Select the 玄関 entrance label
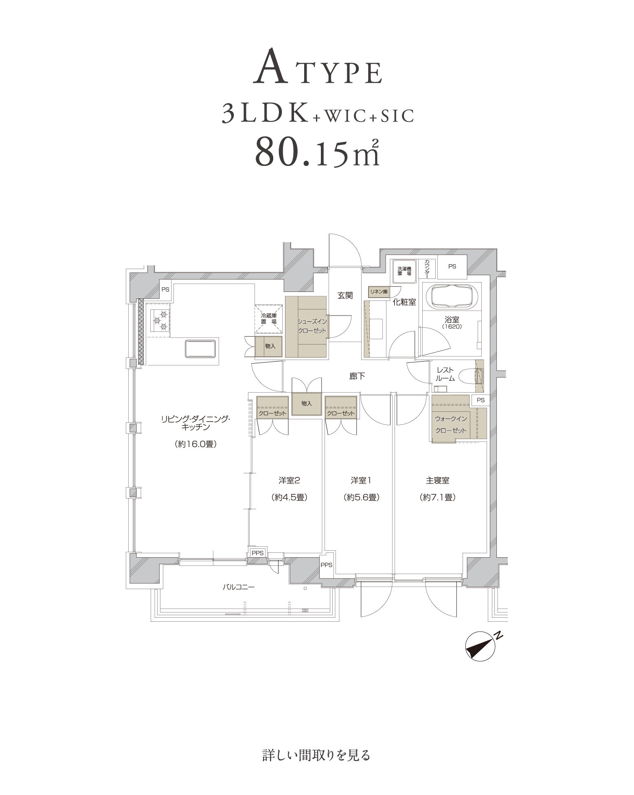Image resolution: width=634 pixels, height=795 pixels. click(x=345, y=296)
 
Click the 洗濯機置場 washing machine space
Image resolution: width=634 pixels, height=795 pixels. click(x=405, y=271)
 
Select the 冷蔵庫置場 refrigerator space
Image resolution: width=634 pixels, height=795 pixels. click(x=268, y=318)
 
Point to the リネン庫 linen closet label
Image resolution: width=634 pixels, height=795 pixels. click(x=379, y=292)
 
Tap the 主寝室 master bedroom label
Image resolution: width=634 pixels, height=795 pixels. click(x=437, y=481)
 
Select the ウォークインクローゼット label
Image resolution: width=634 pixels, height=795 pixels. click(x=451, y=424)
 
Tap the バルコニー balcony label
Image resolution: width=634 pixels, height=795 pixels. click(x=238, y=587)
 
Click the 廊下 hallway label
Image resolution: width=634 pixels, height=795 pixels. click(x=357, y=376)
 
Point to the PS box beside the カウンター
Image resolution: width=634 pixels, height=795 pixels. click(x=452, y=267)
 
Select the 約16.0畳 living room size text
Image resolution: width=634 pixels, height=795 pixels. click(x=195, y=444)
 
